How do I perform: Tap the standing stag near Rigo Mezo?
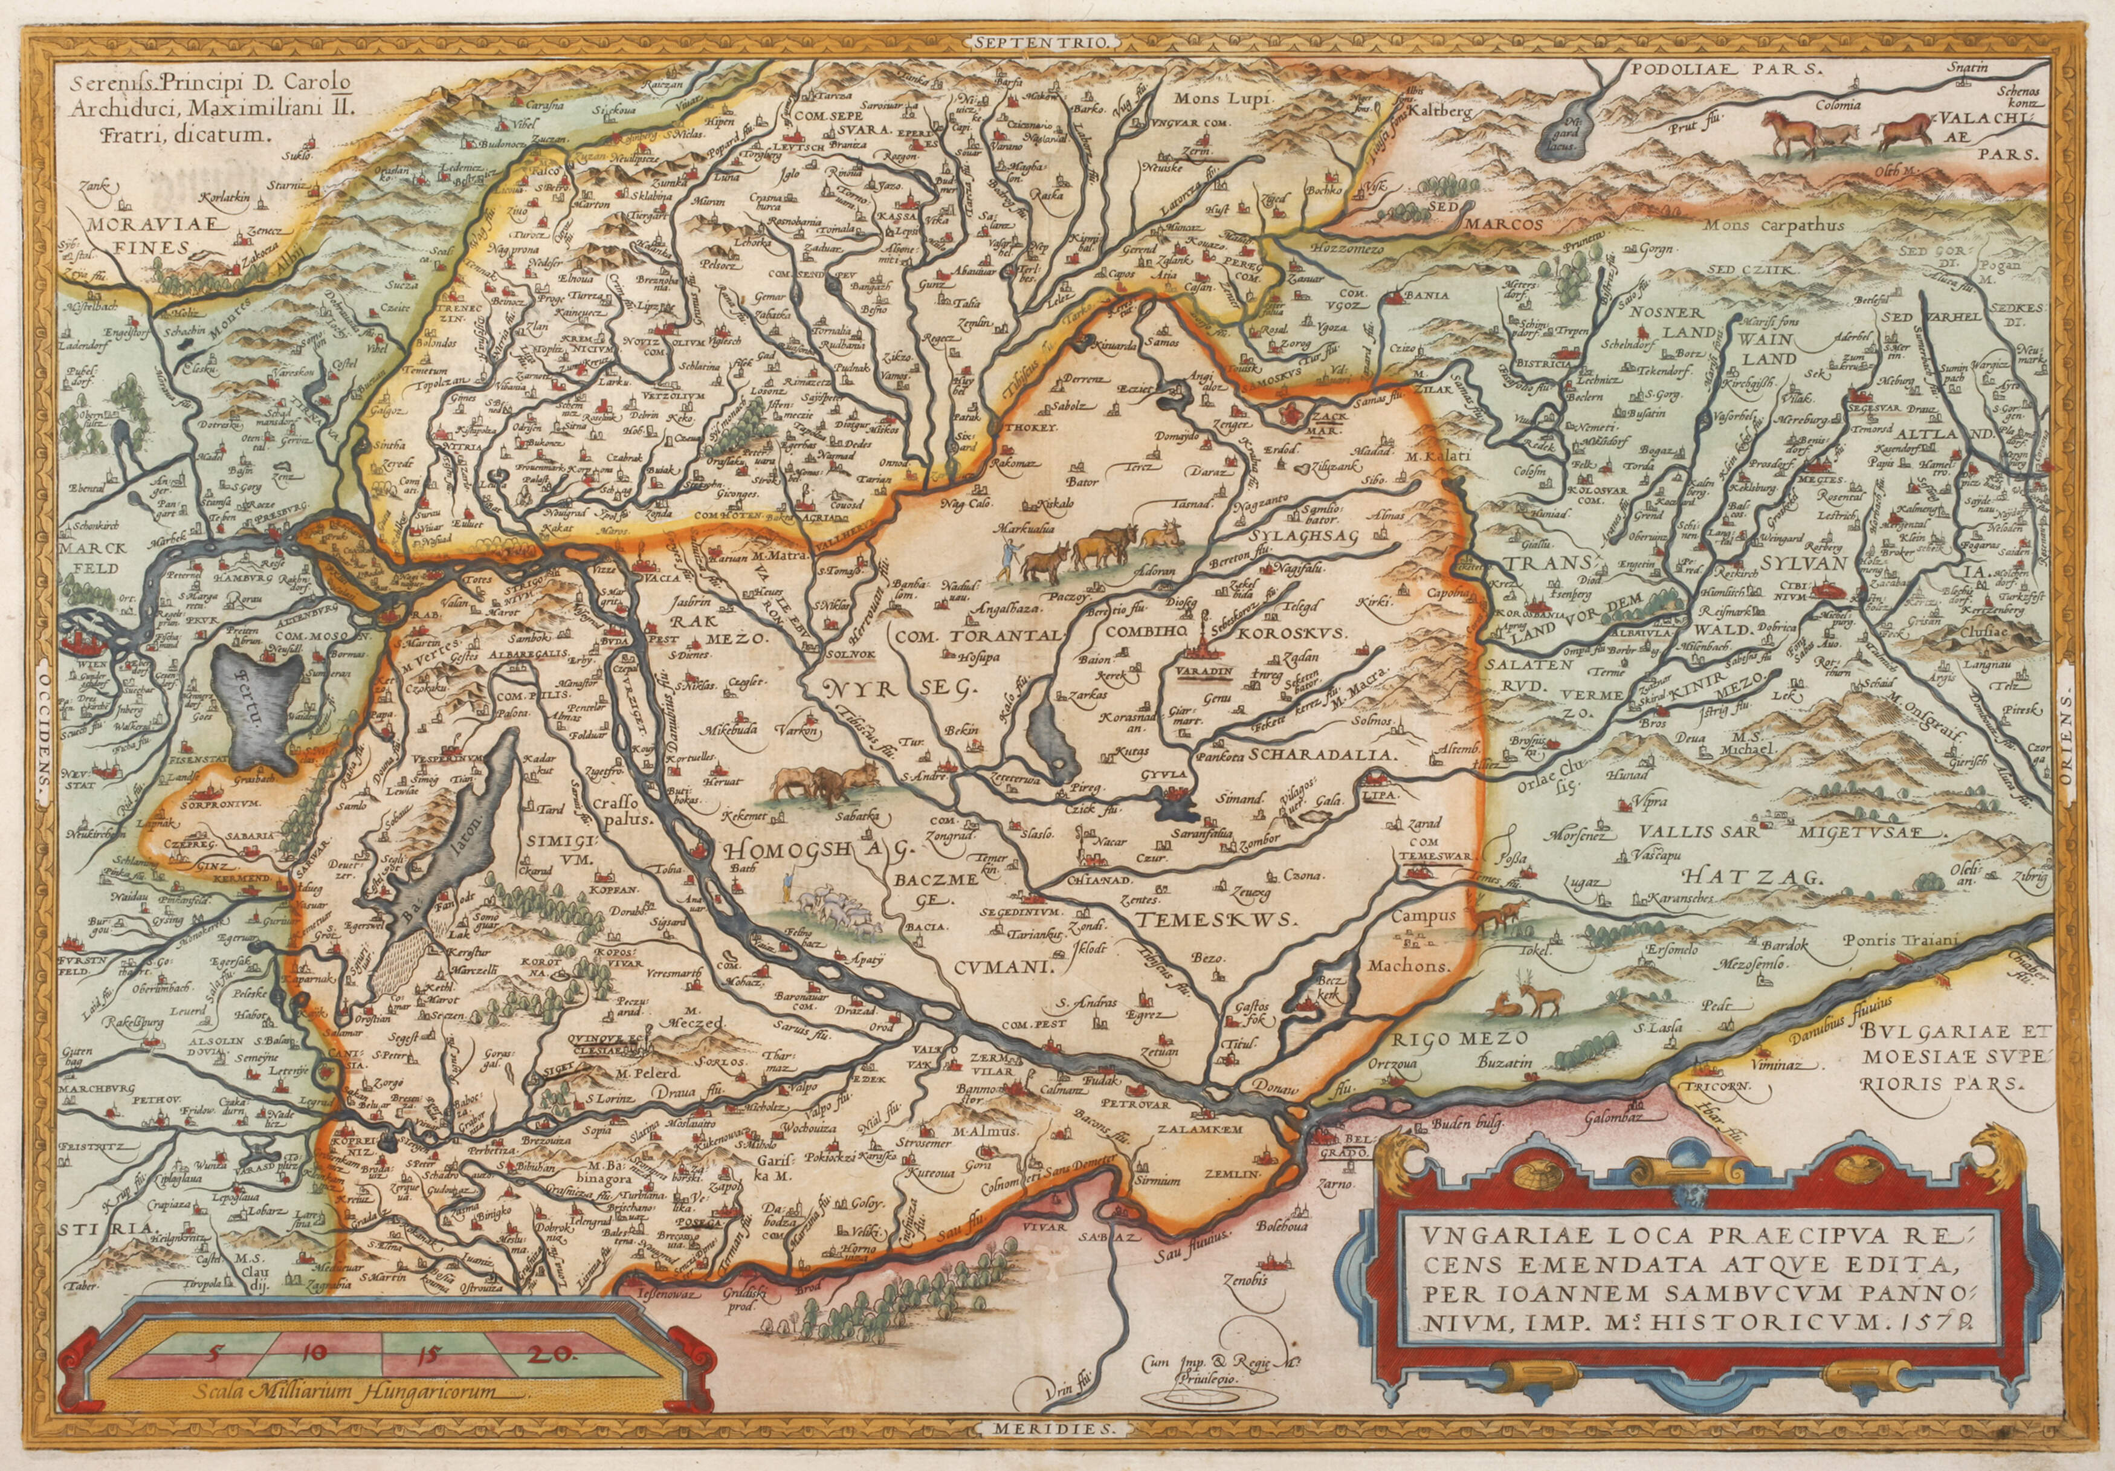[x=1810, y=995]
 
